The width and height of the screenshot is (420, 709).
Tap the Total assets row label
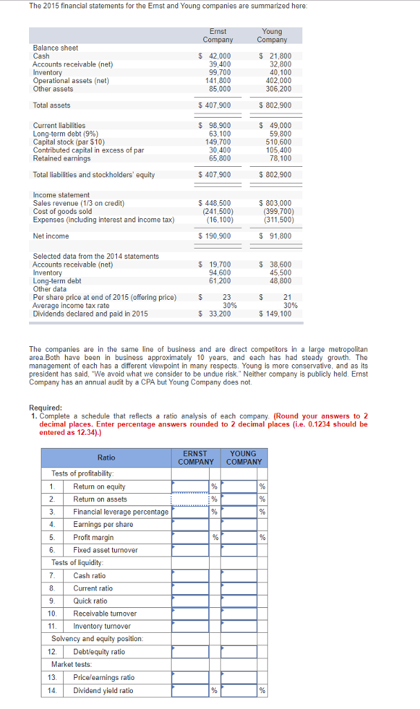(x=51, y=105)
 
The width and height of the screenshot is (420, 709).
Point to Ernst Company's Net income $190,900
(x=215, y=236)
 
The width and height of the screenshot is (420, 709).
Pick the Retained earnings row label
(x=62, y=159)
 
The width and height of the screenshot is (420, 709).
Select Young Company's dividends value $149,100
(x=275, y=314)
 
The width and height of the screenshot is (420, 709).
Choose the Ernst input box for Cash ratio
(x=194, y=575)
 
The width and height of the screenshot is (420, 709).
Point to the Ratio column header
(x=107, y=458)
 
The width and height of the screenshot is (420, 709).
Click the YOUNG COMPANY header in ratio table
(x=244, y=458)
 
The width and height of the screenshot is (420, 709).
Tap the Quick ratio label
(x=90, y=601)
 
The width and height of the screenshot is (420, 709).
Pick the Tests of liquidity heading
(x=77, y=562)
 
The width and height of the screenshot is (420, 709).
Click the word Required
(x=45, y=408)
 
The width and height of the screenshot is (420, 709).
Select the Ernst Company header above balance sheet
(x=218, y=35)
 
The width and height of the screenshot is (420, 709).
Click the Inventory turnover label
(x=102, y=626)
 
